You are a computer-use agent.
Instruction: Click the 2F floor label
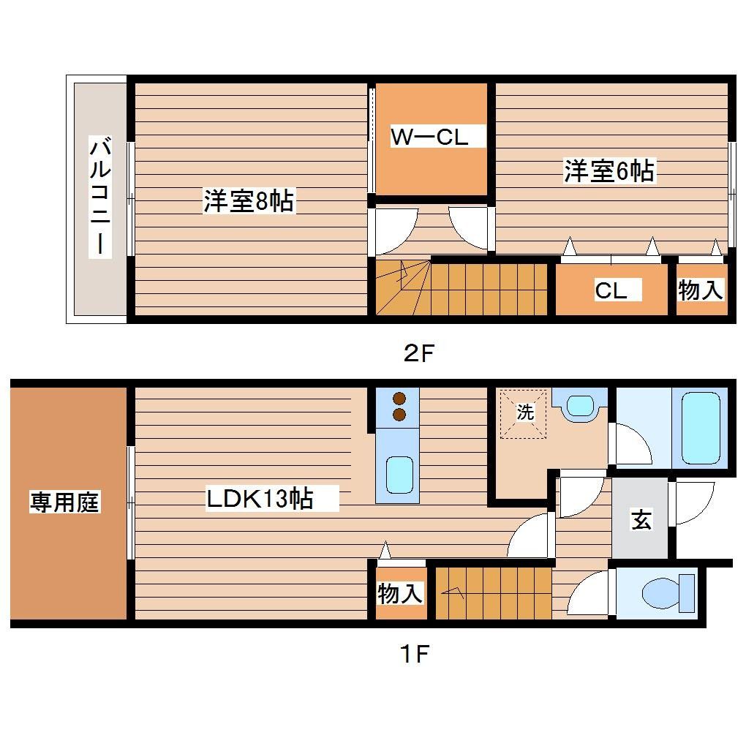pyautogui.click(x=419, y=355)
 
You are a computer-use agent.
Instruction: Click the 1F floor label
pyautogui.click(x=414, y=653)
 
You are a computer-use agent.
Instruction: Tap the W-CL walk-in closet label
pyautogui.click(x=429, y=137)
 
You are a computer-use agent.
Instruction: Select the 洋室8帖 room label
pyautogui.click(x=249, y=201)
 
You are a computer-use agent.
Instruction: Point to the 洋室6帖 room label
pyautogui.click(x=609, y=171)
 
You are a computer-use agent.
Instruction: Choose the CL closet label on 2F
pyautogui.click(x=611, y=290)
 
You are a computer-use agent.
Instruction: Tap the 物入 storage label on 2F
pyautogui.click(x=701, y=290)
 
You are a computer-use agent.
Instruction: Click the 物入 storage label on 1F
pyautogui.click(x=399, y=593)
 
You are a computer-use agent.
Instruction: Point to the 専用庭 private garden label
pyautogui.click(x=64, y=502)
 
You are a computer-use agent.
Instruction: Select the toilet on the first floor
pyautogui.click(x=666, y=592)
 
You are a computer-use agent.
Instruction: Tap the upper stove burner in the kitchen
pyautogui.click(x=399, y=399)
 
